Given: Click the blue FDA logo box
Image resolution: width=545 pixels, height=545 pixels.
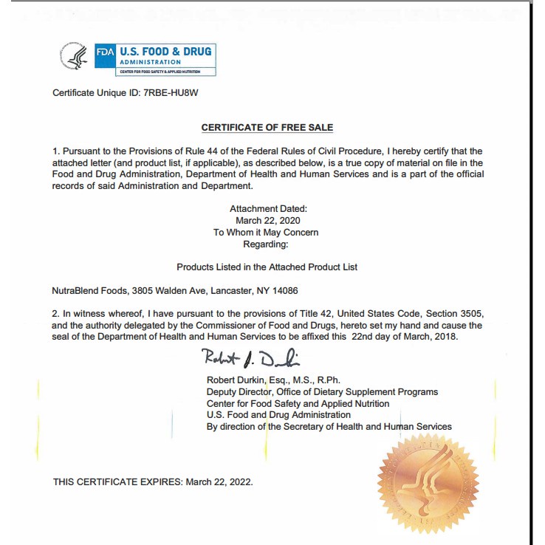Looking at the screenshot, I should pyautogui.click(x=105, y=53).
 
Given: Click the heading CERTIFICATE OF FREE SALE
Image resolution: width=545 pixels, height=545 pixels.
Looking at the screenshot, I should pyautogui.click(x=267, y=128).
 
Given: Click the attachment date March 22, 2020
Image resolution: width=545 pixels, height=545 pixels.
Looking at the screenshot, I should pyautogui.click(x=268, y=221).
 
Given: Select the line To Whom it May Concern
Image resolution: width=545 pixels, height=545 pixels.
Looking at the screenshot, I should pyautogui.click(x=266, y=233).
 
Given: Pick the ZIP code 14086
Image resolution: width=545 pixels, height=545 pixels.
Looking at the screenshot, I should pyautogui.click(x=285, y=291).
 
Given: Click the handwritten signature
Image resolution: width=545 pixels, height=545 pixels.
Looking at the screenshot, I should pyautogui.click(x=250, y=359).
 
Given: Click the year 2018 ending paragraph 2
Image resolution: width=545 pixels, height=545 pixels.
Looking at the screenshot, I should pyautogui.click(x=445, y=337).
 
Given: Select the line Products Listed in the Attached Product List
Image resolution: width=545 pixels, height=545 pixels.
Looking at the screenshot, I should pyautogui.click(x=267, y=267).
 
